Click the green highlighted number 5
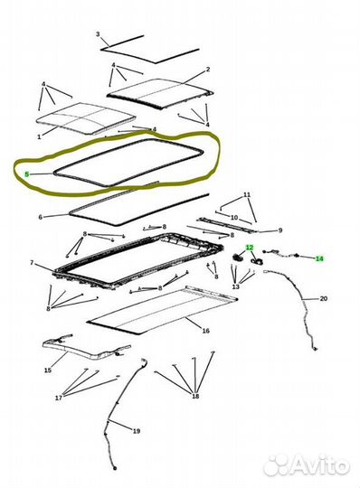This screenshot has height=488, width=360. [27, 174]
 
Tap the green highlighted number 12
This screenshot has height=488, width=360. [250, 248]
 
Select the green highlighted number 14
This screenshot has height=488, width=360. [319, 258]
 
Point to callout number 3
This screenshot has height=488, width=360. [98, 34]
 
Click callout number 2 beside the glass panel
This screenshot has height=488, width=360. [208, 70]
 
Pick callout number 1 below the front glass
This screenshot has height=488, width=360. [39, 136]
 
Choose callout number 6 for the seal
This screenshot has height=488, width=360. [40, 217]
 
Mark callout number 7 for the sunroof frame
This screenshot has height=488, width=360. [32, 263]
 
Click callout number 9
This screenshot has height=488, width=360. [280, 230]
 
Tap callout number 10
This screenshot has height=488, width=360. [234, 218]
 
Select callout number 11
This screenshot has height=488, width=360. [247, 195]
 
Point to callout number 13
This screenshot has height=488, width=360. [236, 286]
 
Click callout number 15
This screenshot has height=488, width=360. [48, 371]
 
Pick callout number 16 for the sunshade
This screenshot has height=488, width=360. [206, 331]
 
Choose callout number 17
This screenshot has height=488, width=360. [59, 398]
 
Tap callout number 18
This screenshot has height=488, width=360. [195, 396]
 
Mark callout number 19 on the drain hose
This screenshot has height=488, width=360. [137, 431]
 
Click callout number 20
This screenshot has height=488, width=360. [324, 298]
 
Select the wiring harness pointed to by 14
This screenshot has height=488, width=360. [282, 255]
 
